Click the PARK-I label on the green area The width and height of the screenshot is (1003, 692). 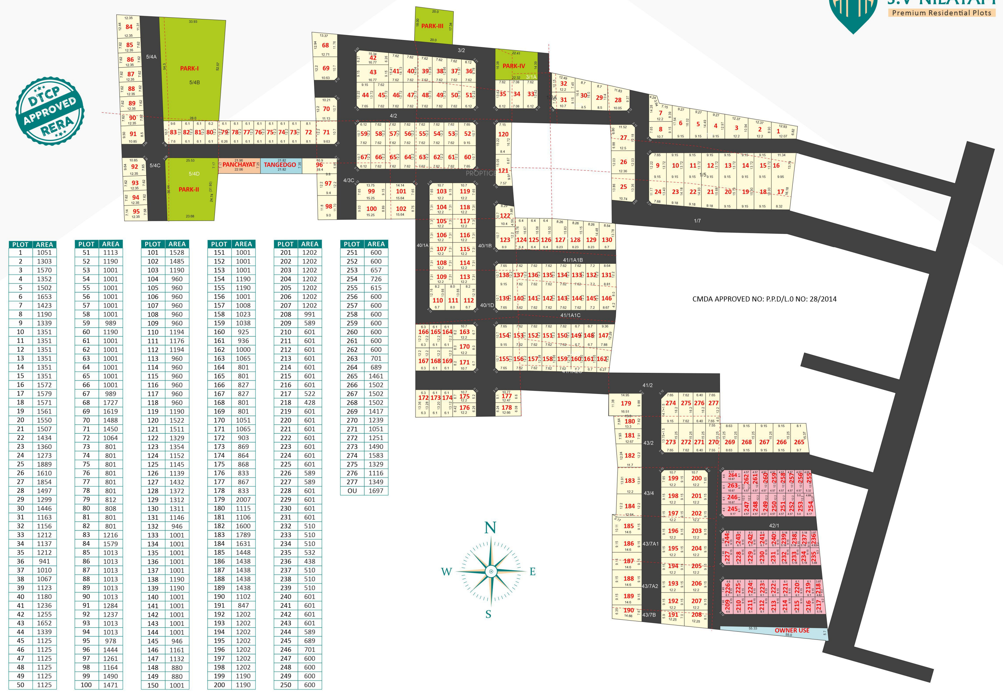(189, 68)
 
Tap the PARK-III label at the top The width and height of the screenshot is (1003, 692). (432, 26)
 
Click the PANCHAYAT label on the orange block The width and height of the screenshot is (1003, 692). (239, 165)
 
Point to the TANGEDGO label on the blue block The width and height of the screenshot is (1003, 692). (280, 165)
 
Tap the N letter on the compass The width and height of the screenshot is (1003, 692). (490, 528)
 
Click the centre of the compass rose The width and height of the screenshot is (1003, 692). (491, 571)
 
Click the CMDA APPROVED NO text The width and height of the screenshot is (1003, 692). (764, 299)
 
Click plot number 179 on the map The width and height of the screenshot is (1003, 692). (626, 403)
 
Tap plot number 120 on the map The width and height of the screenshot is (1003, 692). (503, 134)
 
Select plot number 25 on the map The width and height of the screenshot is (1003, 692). (623, 187)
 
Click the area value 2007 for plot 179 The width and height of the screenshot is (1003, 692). (243, 499)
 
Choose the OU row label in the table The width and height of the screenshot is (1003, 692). (352, 491)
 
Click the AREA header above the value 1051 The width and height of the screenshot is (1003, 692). (45, 244)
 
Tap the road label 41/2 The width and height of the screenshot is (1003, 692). (648, 385)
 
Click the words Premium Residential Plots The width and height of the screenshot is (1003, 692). (942, 13)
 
